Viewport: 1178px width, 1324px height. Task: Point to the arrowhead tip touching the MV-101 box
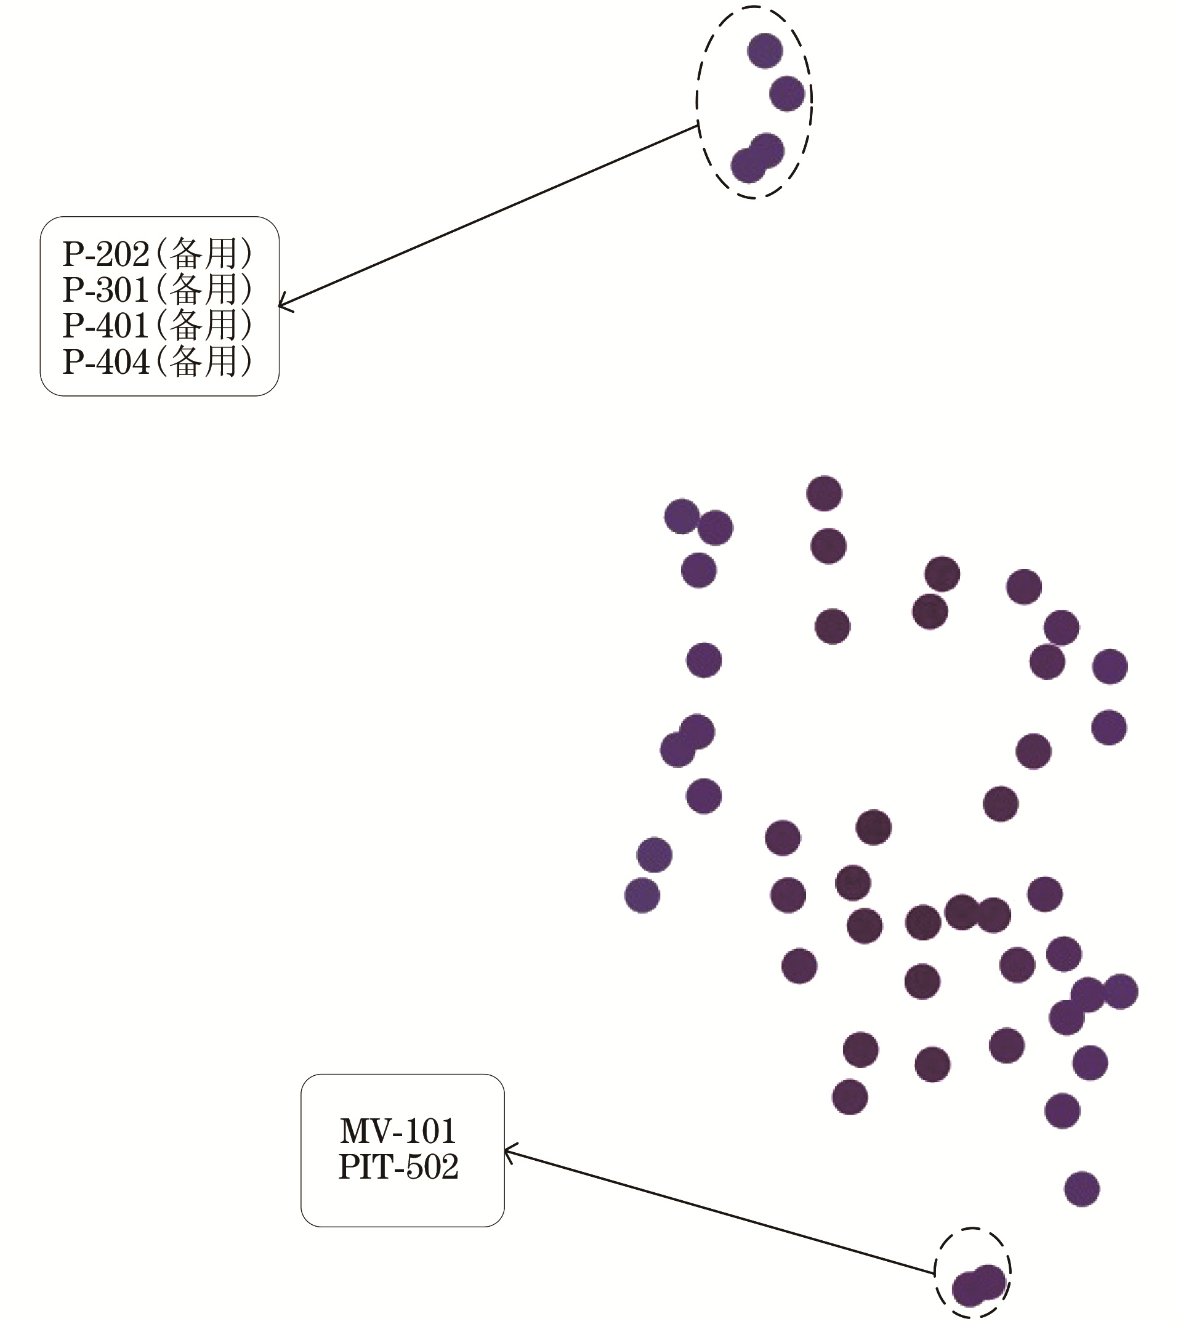505,1150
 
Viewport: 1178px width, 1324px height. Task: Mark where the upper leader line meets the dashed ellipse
698,126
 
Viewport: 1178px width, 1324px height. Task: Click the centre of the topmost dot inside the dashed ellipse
765,50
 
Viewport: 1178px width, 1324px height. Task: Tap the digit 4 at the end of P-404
140,362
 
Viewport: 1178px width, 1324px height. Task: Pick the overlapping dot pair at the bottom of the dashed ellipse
757,158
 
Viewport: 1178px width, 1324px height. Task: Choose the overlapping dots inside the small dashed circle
978,1286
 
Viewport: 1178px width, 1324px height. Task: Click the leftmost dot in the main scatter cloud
642,895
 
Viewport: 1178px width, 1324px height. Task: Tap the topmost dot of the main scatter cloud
824,493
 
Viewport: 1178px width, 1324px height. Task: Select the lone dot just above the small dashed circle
1081,1189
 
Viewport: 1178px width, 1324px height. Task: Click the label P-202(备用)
158,254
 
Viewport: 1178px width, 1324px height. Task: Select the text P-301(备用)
158,289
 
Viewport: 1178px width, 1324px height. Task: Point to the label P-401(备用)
158,325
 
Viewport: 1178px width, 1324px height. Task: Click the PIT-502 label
399,1166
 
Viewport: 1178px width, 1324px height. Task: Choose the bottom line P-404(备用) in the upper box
158,361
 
